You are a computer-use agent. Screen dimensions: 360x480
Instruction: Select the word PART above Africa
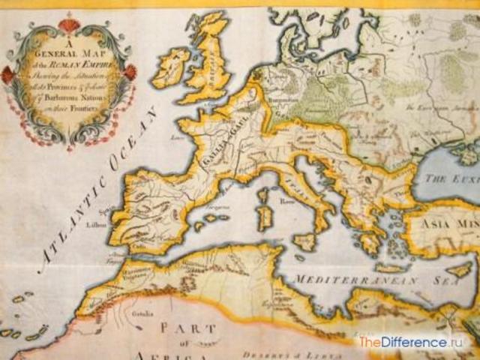tap(188, 328)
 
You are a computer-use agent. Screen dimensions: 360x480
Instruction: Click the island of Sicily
tap(304, 241)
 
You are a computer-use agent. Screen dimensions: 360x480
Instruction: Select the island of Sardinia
tap(264, 217)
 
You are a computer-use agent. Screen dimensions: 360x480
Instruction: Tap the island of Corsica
tap(263, 196)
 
